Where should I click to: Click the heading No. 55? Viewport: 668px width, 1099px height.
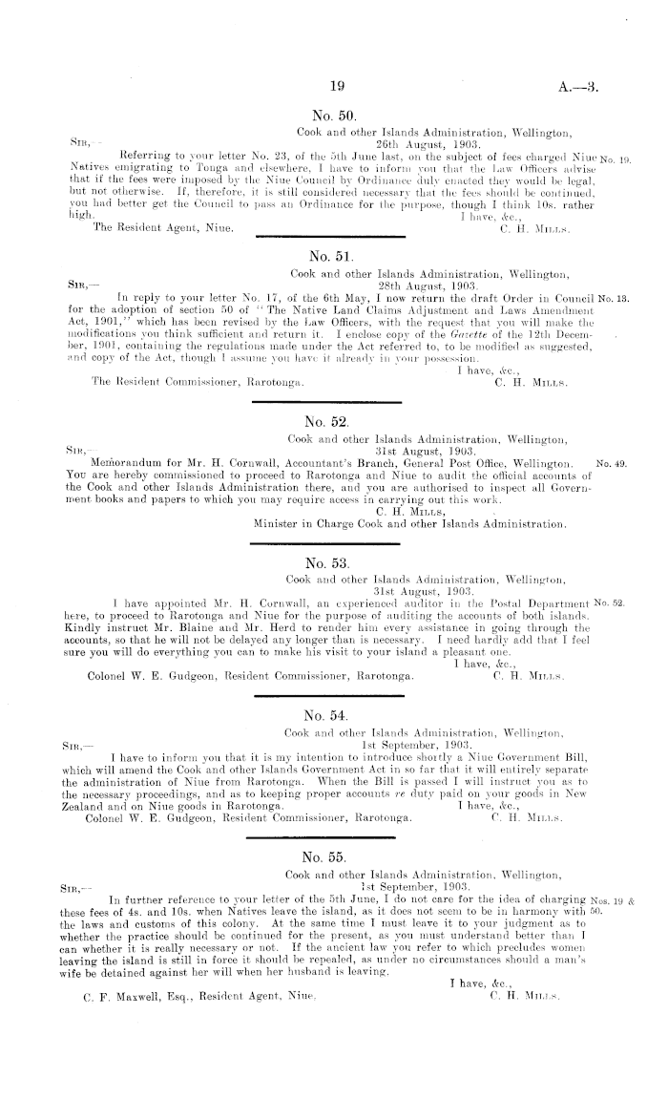click(x=328, y=856)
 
